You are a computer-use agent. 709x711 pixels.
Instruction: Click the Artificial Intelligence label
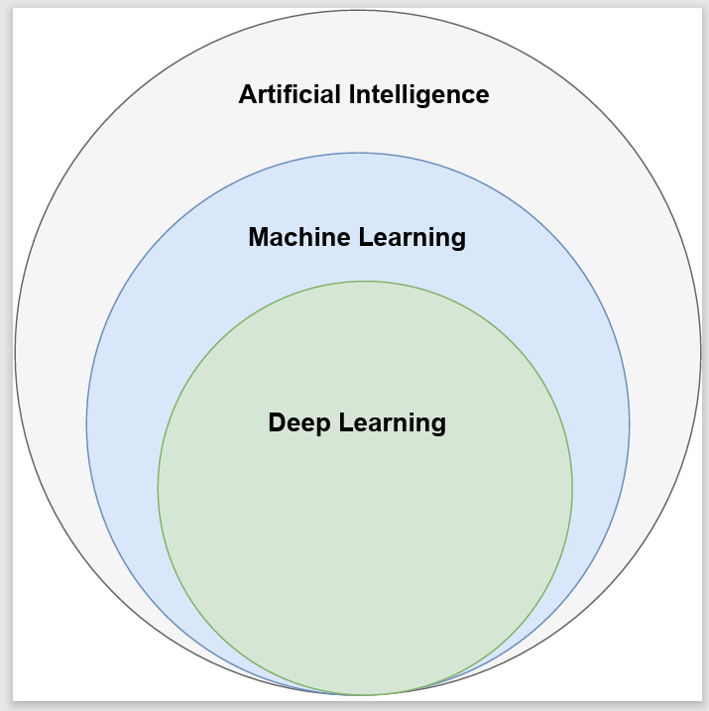pos(364,95)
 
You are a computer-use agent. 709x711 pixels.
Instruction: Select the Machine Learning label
pos(357,238)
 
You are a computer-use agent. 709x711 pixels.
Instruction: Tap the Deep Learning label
pos(357,423)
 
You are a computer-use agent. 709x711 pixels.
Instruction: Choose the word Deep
pos(298,423)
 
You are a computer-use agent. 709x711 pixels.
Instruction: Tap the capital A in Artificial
pos(247,95)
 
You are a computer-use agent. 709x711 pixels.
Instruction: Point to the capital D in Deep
pos(277,423)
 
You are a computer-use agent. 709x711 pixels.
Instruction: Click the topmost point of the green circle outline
pos(365,282)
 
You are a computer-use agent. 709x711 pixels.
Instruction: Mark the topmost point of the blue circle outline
pos(358,153)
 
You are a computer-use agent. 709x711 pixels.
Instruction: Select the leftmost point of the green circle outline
pos(158,488)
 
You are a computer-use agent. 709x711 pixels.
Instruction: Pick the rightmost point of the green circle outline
pos(572,488)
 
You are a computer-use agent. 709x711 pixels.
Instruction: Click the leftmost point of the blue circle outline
pos(86,424)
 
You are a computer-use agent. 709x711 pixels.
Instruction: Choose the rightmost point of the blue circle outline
pos(630,424)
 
